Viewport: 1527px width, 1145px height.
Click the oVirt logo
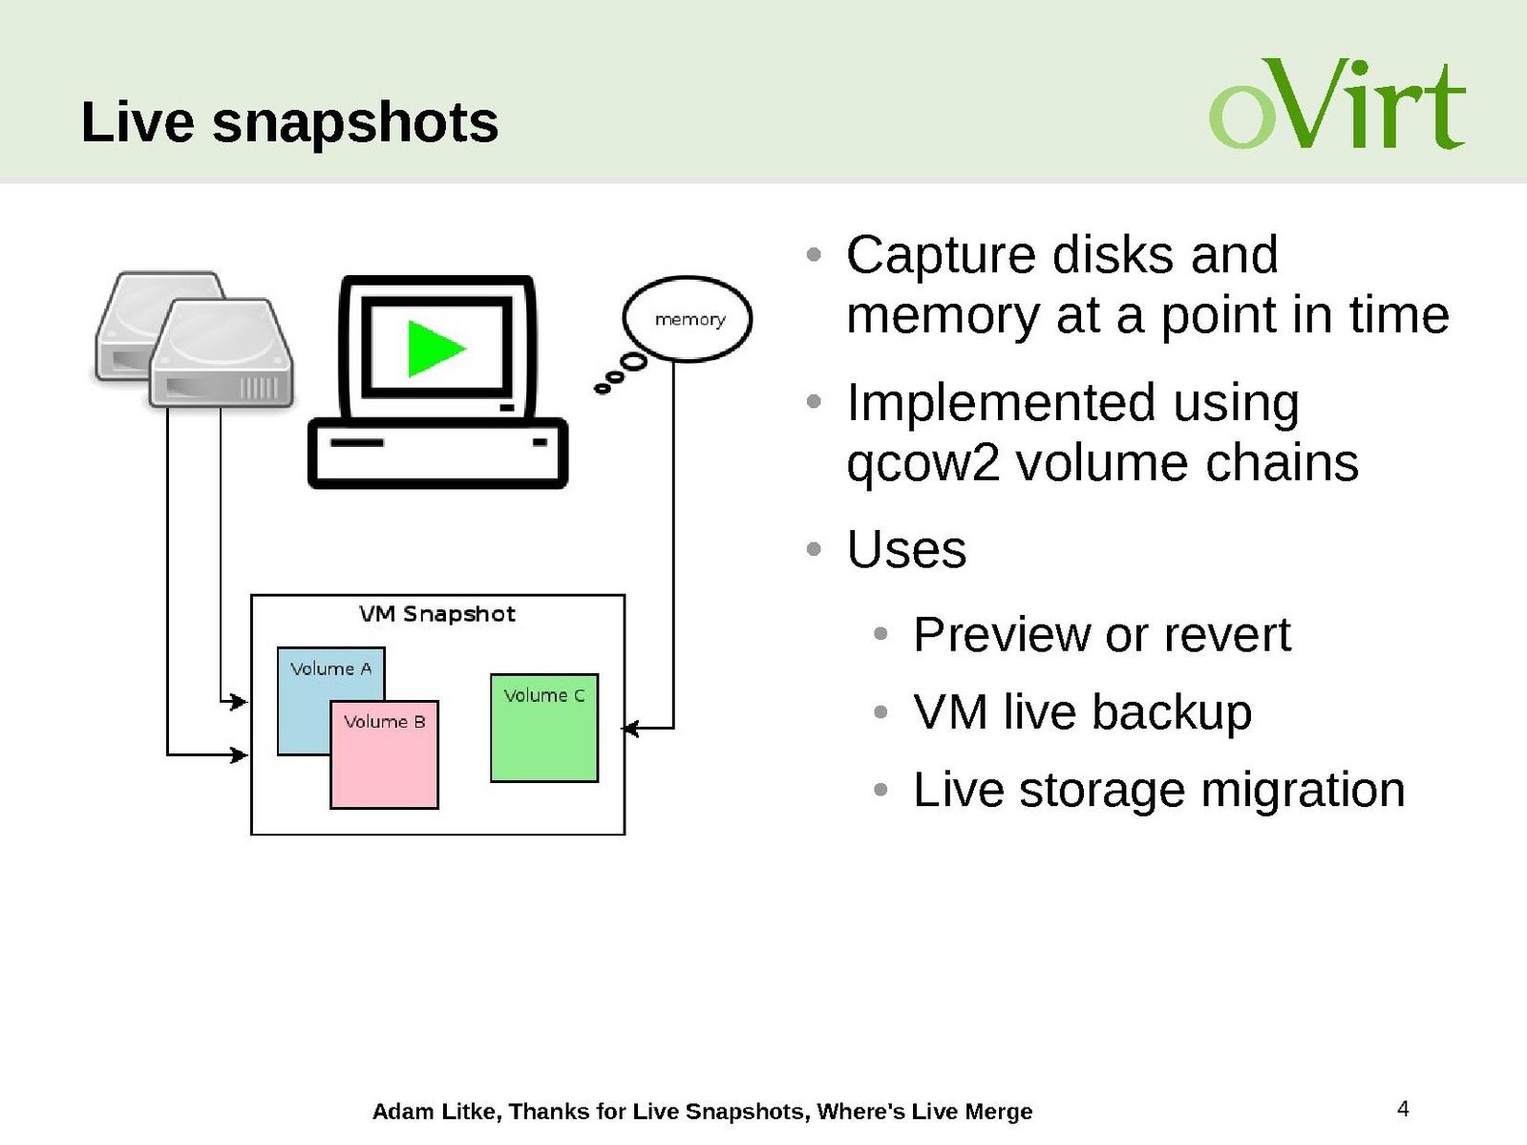[x=1337, y=104]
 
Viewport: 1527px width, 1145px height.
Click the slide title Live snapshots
[x=289, y=122]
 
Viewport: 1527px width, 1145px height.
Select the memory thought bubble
[x=688, y=319]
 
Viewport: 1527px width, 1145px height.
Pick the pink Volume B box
[x=385, y=754]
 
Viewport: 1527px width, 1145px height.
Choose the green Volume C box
[x=544, y=728]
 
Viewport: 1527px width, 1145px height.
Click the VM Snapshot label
[x=436, y=614]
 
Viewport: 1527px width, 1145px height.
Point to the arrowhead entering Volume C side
[x=629, y=729]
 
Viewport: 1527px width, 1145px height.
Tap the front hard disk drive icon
[x=222, y=352]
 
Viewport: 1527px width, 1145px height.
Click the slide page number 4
[x=1403, y=1108]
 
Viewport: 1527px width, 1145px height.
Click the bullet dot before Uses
[x=814, y=549]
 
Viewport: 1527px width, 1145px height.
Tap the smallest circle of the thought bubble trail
[x=603, y=388]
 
